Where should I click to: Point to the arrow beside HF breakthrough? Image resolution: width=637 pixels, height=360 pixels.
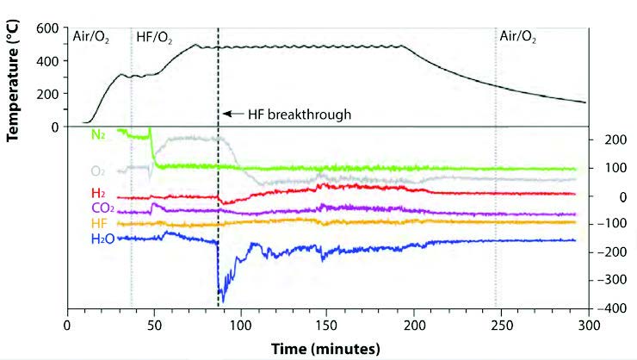pyautogui.click(x=233, y=113)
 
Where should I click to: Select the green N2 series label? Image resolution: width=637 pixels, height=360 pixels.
pyautogui.click(x=99, y=134)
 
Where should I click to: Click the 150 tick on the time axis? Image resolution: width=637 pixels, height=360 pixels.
pyautogui.click(x=328, y=326)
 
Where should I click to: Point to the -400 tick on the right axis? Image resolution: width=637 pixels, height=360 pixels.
pyautogui.click(x=612, y=307)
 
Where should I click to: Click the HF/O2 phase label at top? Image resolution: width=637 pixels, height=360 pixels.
pyautogui.click(x=158, y=37)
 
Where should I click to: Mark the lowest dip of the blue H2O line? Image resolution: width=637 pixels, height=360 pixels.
pyautogui.click(x=221, y=303)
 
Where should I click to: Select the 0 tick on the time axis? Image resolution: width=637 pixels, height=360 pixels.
pyautogui.click(x=68, y=326)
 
